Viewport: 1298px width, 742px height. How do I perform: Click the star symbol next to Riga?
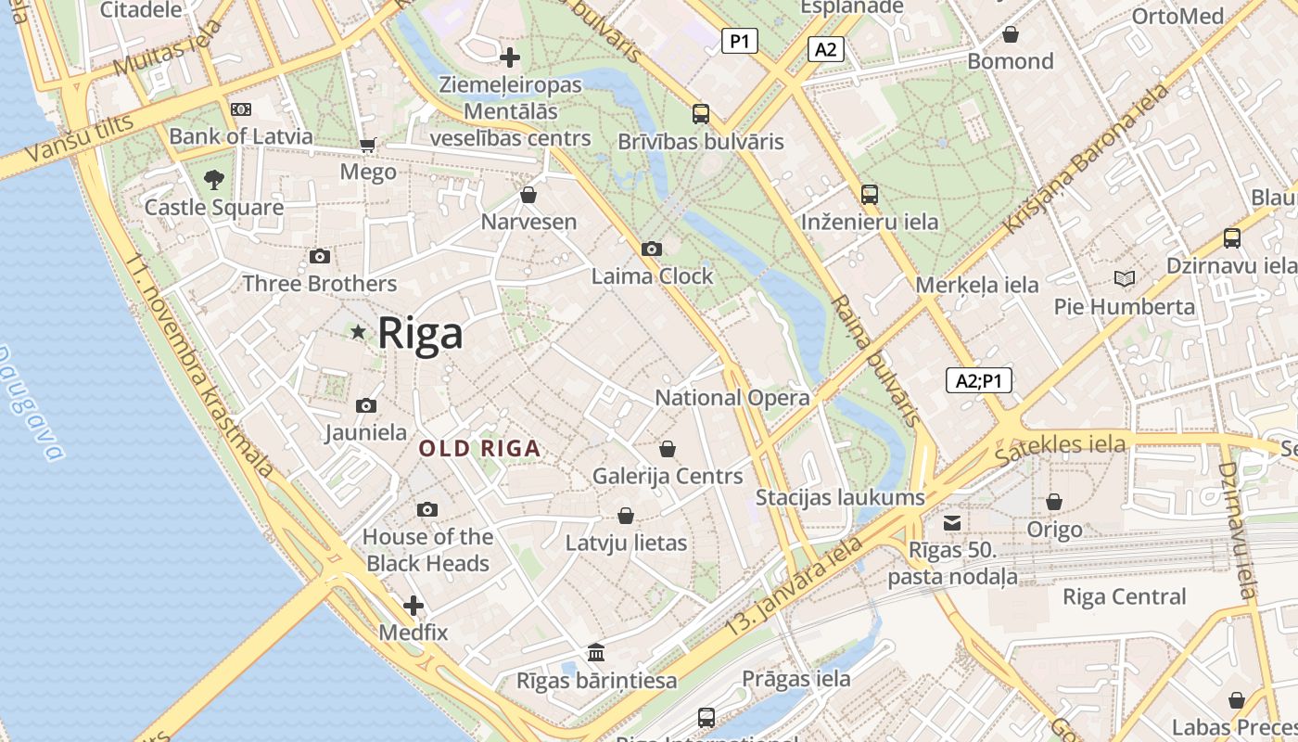point(358,331)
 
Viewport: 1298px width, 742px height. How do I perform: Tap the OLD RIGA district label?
point(479,449)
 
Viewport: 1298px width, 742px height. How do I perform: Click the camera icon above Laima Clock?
point(652,249)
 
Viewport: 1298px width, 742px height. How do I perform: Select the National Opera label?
point(732,398)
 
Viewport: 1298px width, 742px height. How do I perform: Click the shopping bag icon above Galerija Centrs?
point(668,449)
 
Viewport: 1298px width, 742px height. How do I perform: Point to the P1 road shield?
point(739,41)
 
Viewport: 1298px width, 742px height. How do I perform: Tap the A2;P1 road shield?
point(978,380)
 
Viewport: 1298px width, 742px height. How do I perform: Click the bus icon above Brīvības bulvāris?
point(701,114)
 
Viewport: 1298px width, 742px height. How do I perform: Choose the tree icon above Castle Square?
point(214,179)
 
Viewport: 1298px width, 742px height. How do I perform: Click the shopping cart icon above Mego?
point(368,145)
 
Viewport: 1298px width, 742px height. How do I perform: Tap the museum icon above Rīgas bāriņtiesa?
point(596,653)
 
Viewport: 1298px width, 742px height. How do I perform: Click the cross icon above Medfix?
point(414,607)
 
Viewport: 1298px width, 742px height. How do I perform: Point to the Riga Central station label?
point(1124,596)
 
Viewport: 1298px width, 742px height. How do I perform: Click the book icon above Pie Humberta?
point(1124,278)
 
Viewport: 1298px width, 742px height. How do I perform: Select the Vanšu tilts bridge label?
point(70,141)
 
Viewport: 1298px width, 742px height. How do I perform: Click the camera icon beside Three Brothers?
point(320,256)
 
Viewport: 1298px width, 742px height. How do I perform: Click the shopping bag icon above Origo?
point(1054,502)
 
